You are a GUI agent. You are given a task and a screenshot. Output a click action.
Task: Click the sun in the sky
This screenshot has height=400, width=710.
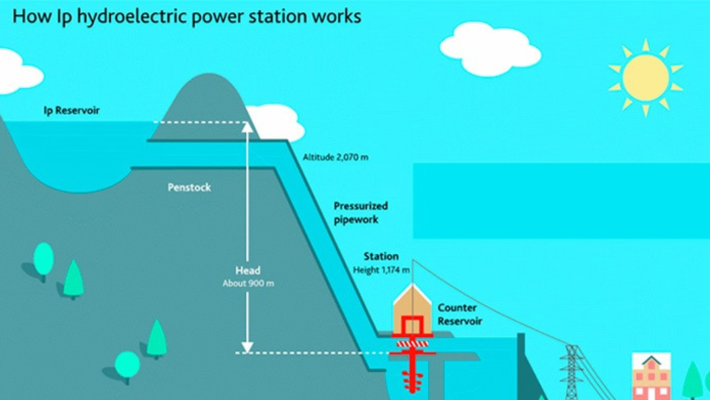[x=646, y=78]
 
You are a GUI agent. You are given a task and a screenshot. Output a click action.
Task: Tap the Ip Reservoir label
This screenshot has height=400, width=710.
[x=72, y=111]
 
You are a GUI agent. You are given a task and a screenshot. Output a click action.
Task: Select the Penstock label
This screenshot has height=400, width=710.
[x=189, y=187]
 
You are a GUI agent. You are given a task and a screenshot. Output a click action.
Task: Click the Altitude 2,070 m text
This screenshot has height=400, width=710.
[x=336, y=157]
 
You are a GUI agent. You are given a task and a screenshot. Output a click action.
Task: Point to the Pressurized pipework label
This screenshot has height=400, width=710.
[x=361, y=213]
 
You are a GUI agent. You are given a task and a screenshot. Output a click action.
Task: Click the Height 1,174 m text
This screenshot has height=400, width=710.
[x=381, y=270]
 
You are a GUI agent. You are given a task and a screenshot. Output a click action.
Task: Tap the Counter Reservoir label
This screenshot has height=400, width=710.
[x=460, y=314]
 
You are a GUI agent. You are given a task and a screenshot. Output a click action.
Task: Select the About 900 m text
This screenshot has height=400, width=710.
[x=248, y=283]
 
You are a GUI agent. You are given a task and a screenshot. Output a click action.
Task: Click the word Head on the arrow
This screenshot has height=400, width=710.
[x=248, y=271]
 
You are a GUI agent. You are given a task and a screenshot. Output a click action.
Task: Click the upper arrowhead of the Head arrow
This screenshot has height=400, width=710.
[x=247, y=127]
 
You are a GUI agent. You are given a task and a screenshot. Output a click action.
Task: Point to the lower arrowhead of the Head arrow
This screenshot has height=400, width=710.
[x=247, y=347]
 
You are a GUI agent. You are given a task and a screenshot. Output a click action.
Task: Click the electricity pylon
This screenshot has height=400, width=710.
[x=571, y=372]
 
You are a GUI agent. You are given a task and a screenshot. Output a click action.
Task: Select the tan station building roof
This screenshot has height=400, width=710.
[x=412, y=294]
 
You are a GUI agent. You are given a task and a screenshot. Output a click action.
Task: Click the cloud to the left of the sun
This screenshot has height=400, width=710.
[x=490, y=49]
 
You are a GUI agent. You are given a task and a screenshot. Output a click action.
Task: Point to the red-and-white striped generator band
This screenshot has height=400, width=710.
[x=412, y=344]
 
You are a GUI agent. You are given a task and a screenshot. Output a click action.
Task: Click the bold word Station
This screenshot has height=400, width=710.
[x=381, y=256]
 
